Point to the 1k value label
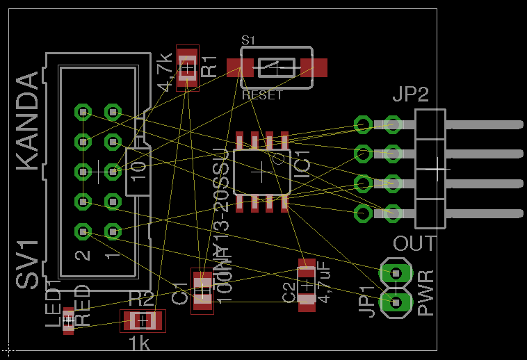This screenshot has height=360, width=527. click(x=139, y=343)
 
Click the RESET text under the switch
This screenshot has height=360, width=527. click(x=262, y=95)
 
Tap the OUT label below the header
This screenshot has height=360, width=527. click(x=414, y=244)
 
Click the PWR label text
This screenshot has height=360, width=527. click(x=427, y=293)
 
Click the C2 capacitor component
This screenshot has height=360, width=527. click(x=306, y=285)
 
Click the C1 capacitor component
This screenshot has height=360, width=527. click(x=202, y=291)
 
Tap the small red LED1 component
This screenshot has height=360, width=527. click(x=68, y=320)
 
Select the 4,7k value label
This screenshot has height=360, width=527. click(x=165, y=71)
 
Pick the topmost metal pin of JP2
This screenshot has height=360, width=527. click(x=484, y=124)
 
